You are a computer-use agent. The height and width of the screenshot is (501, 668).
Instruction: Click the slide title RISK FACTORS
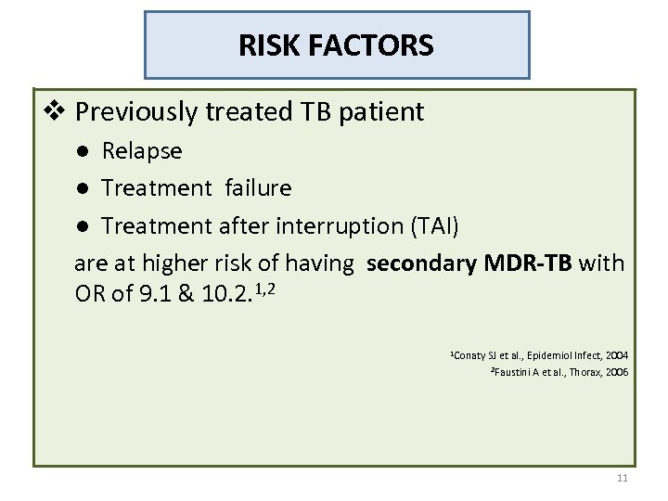pos(336,45)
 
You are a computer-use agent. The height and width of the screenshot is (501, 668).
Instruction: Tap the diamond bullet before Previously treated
pos(57,113)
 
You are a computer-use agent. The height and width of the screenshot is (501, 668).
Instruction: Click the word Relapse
pos(142,149)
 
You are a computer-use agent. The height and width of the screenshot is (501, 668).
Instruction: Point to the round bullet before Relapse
pos(83,150)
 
